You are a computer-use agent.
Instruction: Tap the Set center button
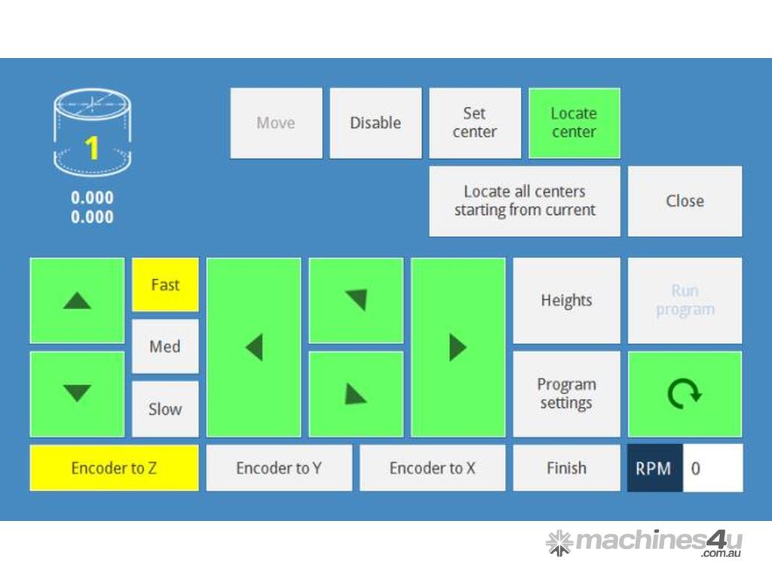tap(475, 123)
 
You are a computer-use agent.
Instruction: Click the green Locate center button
tap(574, 123)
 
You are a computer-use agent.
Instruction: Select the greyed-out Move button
tap(276, 123)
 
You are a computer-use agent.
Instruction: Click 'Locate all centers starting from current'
tap(525, 201)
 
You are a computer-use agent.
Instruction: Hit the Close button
tap(685, 201)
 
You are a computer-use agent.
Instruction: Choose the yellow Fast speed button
tap(165, 285)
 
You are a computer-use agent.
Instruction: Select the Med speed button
tap(165, 347)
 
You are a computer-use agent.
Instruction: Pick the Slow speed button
tap(165, 409)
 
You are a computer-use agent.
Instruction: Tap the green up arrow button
tap(77, 301)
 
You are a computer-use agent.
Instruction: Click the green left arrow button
tap(253, 348)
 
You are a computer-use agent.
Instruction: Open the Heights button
tap(566, 301)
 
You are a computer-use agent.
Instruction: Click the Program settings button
tap(566, 394)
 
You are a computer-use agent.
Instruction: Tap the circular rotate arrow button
tap(685, 394)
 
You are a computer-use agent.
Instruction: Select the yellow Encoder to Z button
tap(114, 468)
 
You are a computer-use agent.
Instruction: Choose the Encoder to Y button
tap(279, 468)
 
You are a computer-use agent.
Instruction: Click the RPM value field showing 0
tap(712, 468)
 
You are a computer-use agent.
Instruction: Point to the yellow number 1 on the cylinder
tap(92, 148)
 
